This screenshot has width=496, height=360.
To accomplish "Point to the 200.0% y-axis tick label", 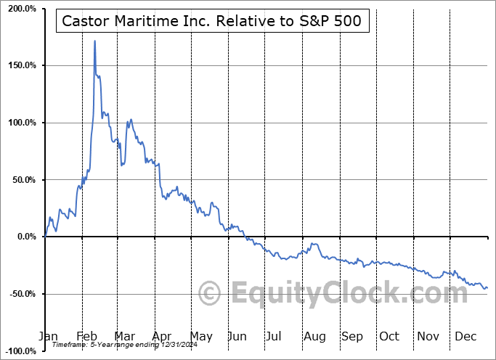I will [20, 9].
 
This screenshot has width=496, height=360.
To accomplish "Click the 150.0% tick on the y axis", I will [20, 65].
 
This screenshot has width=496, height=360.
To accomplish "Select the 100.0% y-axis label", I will [20, 123].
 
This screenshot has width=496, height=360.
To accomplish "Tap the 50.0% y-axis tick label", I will [22, 180].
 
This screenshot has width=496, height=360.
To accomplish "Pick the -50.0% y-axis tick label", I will [20, 294].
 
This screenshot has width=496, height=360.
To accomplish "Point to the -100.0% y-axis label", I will [18, 351].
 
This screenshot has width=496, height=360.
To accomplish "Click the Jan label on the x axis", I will [47, 336].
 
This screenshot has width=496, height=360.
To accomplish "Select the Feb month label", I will [86, 336].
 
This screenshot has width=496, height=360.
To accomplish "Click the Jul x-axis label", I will [275, 336].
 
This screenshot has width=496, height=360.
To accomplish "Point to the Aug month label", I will [314, 336].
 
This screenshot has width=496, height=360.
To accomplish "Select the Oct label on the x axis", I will [389, 336].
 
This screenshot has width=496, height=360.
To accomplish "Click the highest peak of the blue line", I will [95, 41].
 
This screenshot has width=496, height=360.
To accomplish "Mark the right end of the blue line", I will [487, 287].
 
